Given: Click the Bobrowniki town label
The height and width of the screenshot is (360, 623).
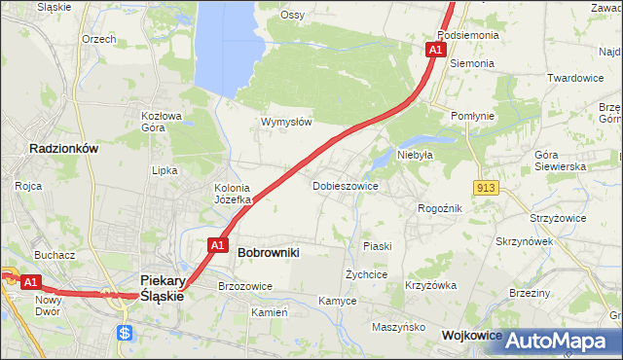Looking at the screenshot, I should tap(268, 252).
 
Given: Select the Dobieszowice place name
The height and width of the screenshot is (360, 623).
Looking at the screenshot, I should tap(345, 185).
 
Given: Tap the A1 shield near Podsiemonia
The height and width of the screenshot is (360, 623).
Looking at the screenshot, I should tap(437, 49).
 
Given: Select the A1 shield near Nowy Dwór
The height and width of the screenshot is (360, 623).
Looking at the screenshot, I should tap(30, 282).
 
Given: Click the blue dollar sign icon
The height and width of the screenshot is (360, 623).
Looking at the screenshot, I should tap(124, 333).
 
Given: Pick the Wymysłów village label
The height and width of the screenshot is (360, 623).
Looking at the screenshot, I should tap(286, 123).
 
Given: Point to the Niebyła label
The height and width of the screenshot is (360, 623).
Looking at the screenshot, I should tap(415, 154).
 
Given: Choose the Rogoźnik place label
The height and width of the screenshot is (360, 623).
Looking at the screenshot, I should tap(439, 208).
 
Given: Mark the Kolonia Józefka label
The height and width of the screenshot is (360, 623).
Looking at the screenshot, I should tap(233, 194).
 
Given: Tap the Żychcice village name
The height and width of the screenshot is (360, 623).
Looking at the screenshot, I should tap(367, 274).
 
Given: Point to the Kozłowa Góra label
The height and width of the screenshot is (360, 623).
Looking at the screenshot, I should tap(162, 121).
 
